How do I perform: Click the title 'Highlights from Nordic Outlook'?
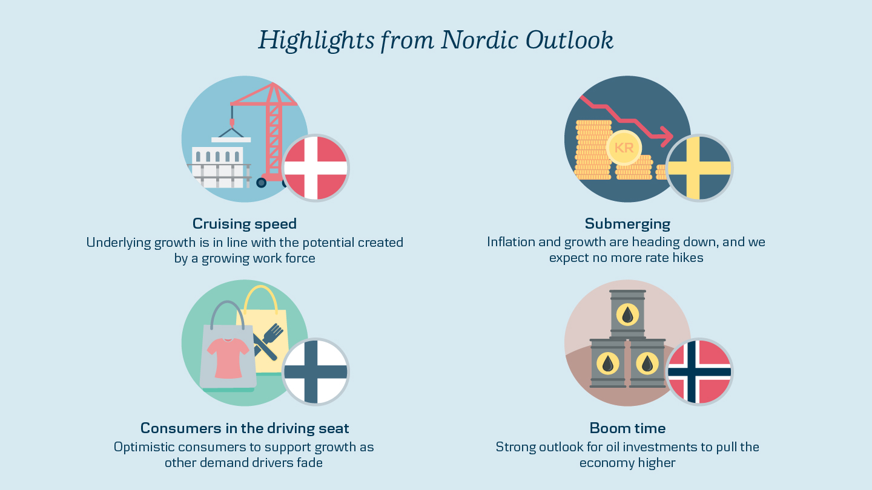[436, 41]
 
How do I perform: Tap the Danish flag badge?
[315, 168]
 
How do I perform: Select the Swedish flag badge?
[699, 168]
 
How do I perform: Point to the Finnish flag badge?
[315, 372]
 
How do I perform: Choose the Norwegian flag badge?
[699, 372]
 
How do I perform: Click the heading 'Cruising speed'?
[245, 224]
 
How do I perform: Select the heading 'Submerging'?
[627, 224]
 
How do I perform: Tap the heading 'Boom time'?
[627, 428]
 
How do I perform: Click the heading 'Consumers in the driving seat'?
[245, 428]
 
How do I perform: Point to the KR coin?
[624, 148]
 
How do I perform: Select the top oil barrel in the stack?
[627, 314]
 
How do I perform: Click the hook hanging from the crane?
[233, 123]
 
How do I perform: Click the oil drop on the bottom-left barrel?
[608, 364]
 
